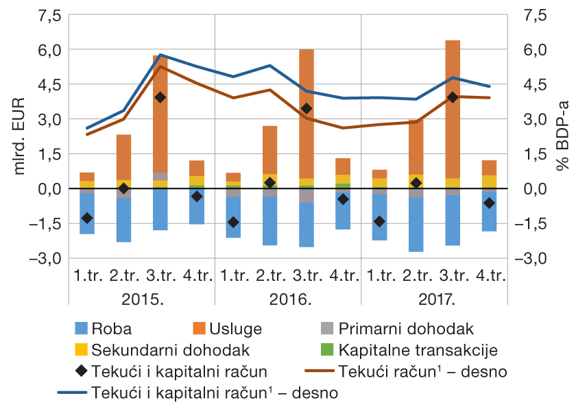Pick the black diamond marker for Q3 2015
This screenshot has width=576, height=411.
(160, 97)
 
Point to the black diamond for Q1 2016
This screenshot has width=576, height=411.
(233, 222)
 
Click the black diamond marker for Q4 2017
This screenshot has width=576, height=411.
(489, 203)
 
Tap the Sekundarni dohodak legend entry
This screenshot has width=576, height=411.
(159, 350)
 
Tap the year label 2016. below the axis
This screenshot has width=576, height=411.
(289, 299)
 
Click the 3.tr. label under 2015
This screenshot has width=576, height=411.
(160, 276)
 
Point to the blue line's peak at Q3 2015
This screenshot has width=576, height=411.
(160, 55)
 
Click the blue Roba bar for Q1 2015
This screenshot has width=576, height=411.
(87, 213)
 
